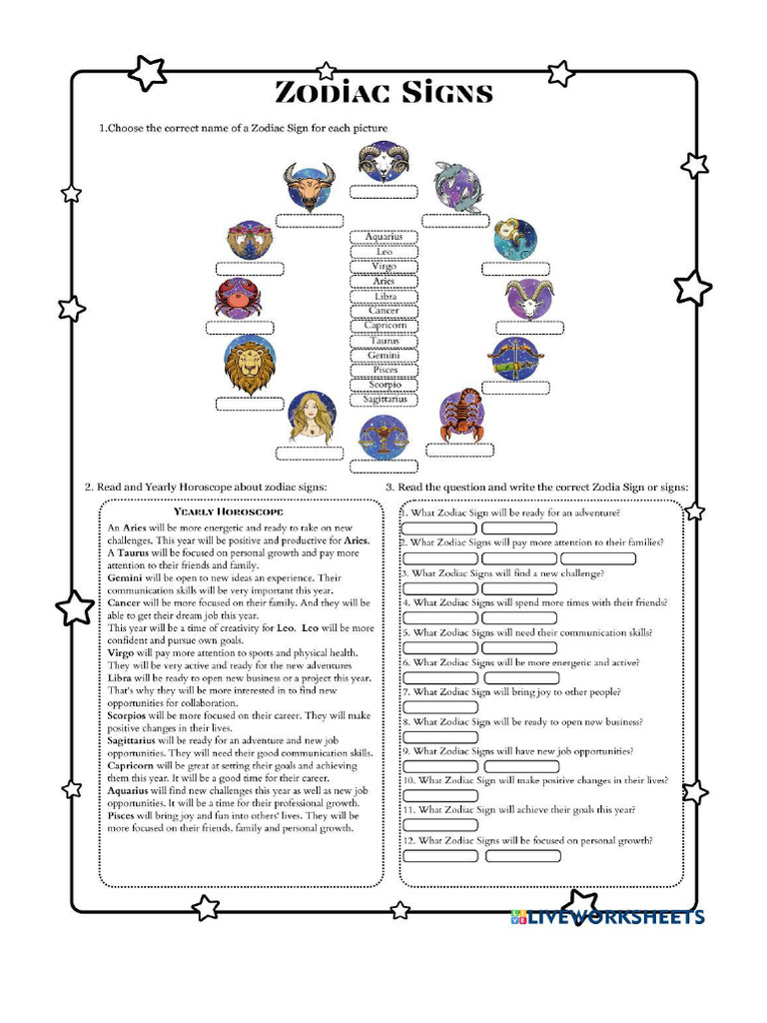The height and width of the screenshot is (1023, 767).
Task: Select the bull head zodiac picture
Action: tap(309, 187)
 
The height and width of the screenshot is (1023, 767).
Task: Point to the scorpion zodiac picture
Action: tap(462, 416)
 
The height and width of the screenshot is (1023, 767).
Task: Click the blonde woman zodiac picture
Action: tap(312, 417)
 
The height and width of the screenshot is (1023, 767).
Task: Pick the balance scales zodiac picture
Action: tap(383, 438)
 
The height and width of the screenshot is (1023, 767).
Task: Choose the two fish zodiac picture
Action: tap(457, 187)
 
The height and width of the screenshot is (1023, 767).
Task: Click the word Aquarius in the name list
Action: tap(383, 237)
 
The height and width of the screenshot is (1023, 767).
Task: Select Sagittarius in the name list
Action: tap(383, 399)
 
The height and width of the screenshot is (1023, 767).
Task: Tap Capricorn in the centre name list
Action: tap(383, 326)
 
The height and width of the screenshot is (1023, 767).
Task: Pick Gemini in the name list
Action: tap(383, 356)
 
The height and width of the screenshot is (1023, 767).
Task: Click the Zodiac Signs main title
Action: tap(383, 94)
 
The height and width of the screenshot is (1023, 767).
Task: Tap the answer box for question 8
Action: tap(439, 737)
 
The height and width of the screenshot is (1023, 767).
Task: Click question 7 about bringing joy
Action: tap(510, 691)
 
